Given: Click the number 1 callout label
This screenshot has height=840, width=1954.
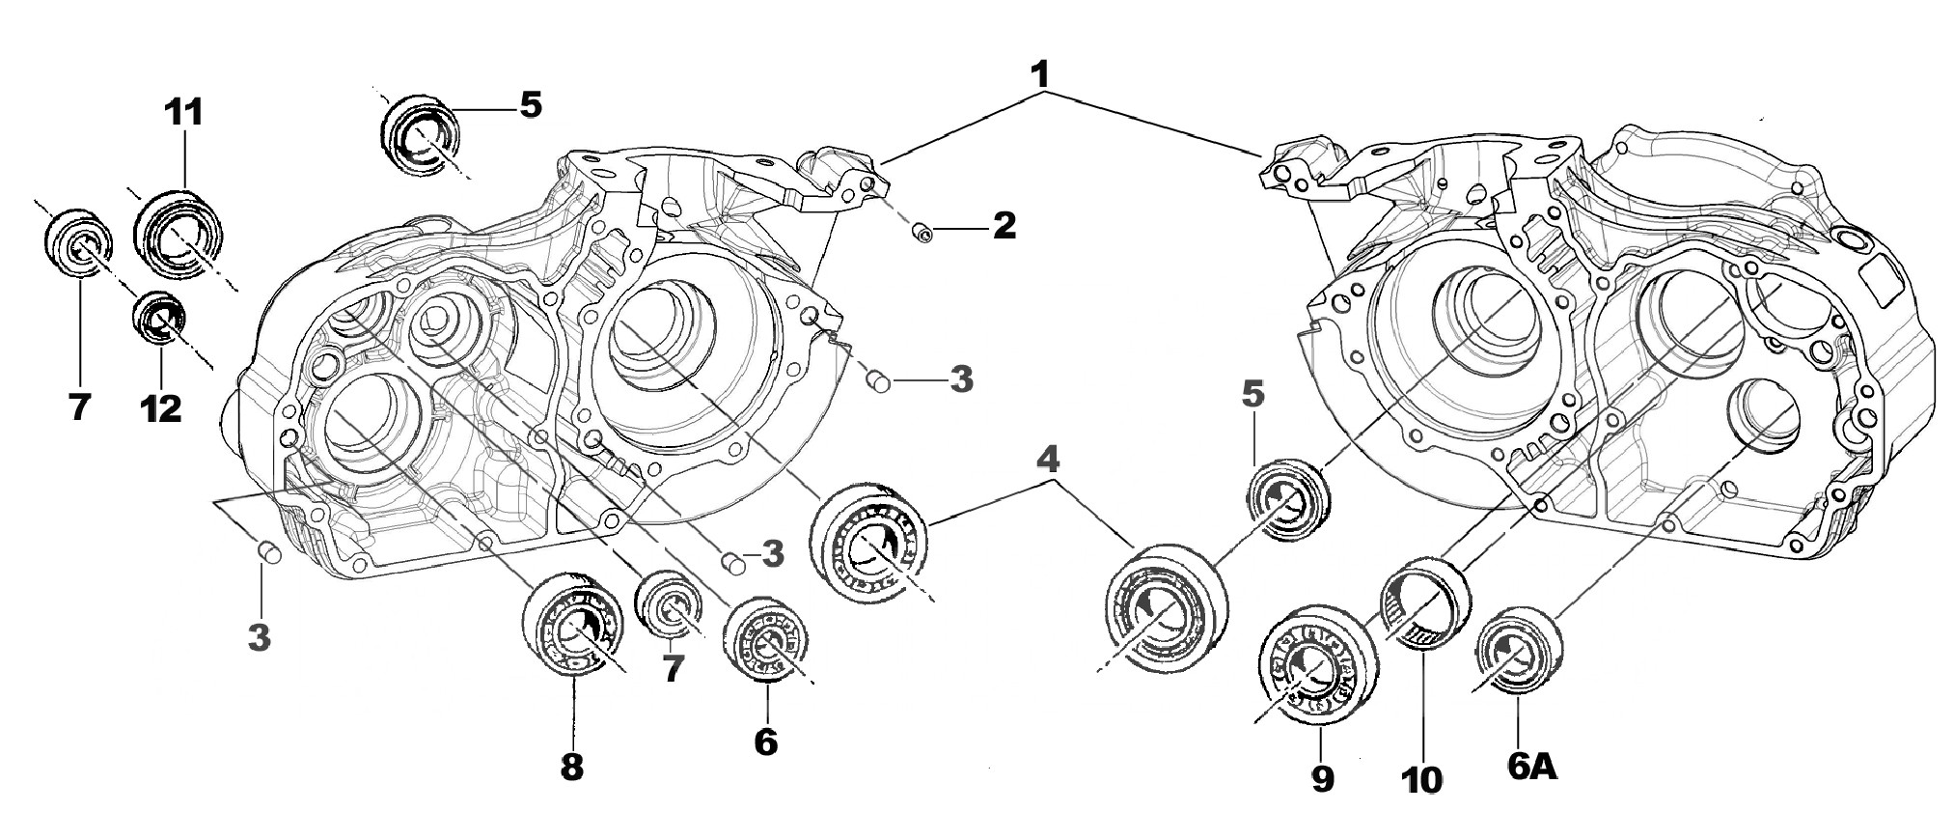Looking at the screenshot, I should (x=1039, y=73).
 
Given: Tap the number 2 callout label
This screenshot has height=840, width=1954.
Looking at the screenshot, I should (x=1004, y=226).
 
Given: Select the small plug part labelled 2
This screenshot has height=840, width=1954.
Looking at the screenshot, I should (x=922, y=233).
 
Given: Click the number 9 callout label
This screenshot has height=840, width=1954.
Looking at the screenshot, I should (x=1321, y=775).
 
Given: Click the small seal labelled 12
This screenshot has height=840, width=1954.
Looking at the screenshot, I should (x=158, y=315).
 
